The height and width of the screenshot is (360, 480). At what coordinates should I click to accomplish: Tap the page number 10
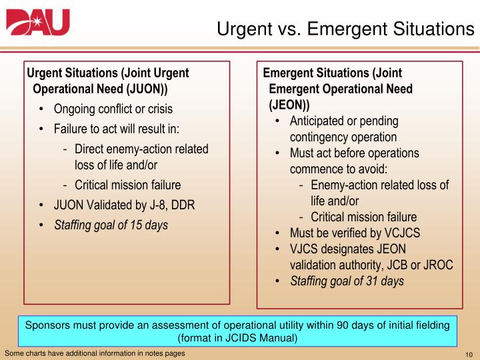click(467, 353)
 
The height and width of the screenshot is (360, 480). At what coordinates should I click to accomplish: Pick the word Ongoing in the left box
click(77, 109)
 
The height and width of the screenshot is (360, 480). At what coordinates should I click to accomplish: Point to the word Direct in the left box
click(90, 149)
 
